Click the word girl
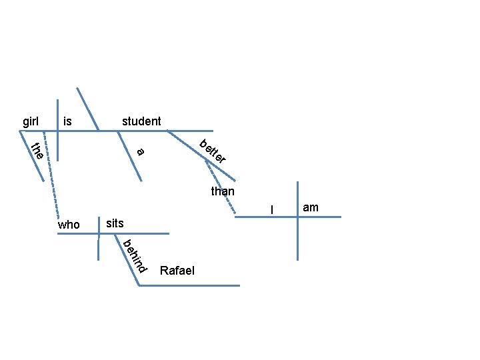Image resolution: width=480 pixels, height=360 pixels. [x=31, y=121]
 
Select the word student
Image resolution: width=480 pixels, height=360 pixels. [x=141, y=121]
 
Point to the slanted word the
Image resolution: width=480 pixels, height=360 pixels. [x=37, y=152]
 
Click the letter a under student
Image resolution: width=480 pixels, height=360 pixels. [x=140, y=152]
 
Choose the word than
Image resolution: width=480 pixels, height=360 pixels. [x=223, y=192]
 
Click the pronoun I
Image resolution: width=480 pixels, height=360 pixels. [x=271, y=211]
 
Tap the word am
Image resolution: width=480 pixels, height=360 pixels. [x=311, y=208]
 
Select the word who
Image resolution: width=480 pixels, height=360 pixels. [x=69, y=225]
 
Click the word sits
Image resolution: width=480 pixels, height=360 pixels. [x=115, y=223]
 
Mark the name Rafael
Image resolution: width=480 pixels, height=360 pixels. [x=177, y=271]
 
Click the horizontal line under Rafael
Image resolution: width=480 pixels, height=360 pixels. [x=193, y=285]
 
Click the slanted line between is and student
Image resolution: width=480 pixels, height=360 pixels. [x=88, y=109]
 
